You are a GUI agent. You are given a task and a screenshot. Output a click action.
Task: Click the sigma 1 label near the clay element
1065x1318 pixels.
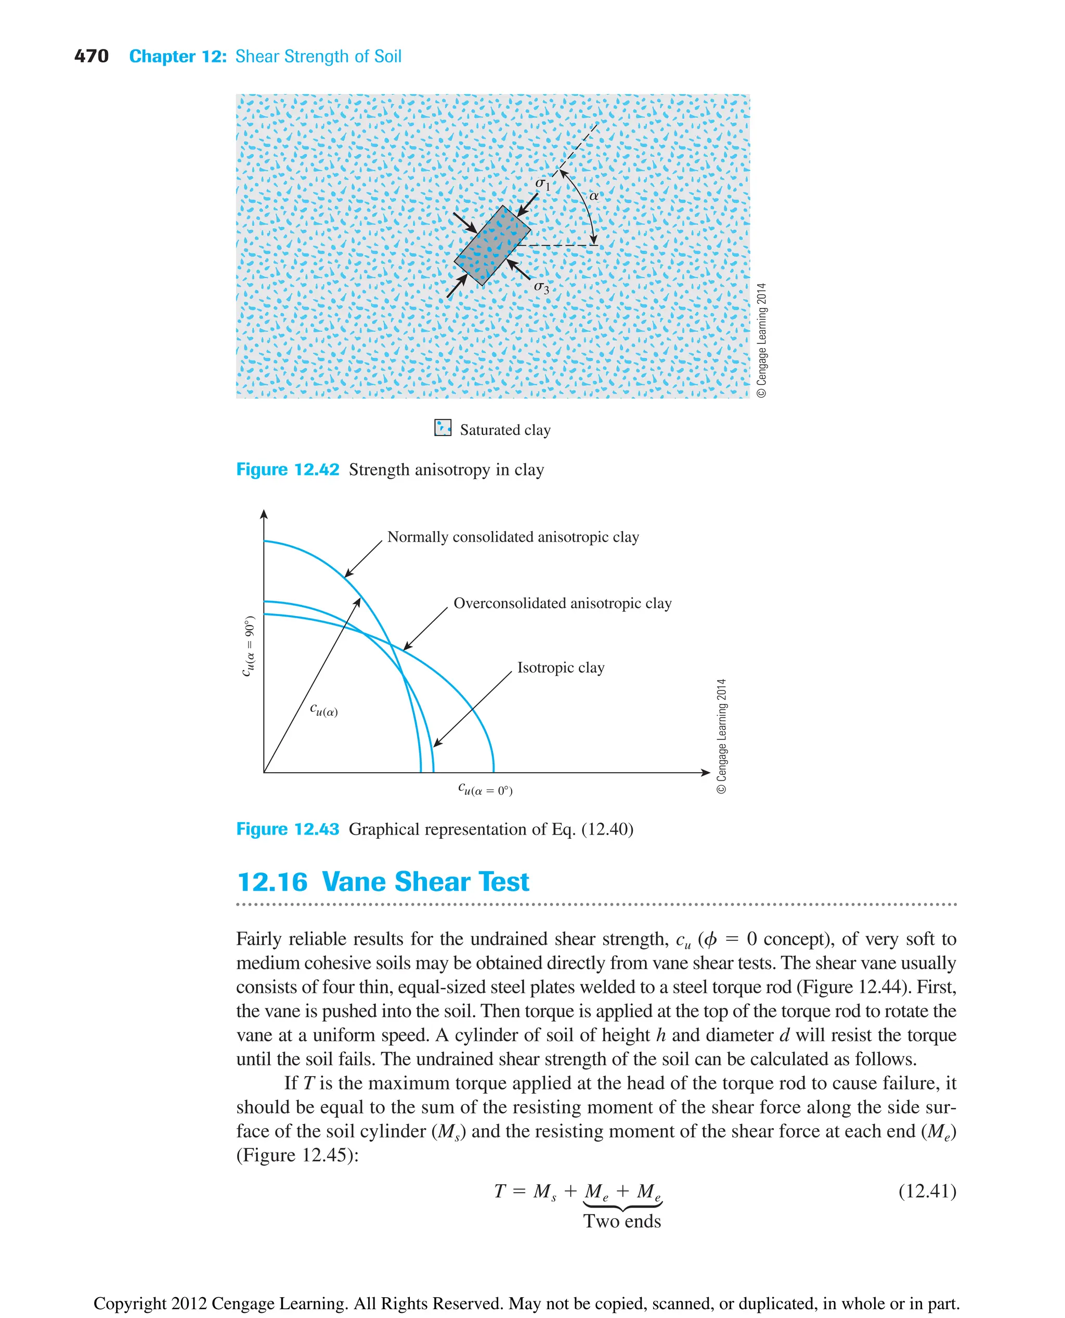pyautogui.click(x=542, y=183)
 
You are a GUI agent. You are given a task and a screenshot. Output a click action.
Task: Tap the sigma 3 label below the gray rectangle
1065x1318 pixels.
pyautogui.click(x=541, y=287)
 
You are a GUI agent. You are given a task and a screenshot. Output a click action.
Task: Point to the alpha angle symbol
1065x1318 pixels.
pyautogui.click(x=593, y=196)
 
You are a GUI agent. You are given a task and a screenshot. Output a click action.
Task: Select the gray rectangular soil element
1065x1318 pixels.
pyautogui.click(x=492, y=246)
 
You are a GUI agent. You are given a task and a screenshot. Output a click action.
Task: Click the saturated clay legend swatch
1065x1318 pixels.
pyautogui.click(x=443, y=428)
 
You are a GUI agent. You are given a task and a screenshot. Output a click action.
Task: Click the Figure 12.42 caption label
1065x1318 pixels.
pyautogui.click(x=287, y=470)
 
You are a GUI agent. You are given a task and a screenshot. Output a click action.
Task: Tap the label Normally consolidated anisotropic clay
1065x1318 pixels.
pyautogui.click(x=513, y=537)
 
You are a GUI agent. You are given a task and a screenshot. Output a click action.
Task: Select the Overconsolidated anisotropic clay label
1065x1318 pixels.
pyautogui.click(x=562, y=604)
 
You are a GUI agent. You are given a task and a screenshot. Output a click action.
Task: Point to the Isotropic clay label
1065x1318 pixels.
pyautogui.click(x=561, y=668)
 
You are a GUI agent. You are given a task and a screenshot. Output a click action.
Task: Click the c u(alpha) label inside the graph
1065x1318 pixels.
pyautogui.click(x=323, y=710)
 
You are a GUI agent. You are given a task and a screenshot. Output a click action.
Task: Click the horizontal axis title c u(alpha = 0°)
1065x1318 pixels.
pyautogui.click(x=485, y=789)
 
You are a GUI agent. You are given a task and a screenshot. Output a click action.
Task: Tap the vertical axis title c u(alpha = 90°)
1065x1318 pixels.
pyautogui.click(x=249, y=646)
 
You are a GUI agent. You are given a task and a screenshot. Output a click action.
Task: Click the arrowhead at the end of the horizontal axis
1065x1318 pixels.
pyautogui.click(x=706, y=772)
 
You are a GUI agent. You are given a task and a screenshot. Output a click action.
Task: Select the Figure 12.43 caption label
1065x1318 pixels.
pyautogui.click(x=287, y=829)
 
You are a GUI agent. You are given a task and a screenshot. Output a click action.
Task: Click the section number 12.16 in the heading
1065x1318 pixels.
pyautogui.click(x=272, y=882)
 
